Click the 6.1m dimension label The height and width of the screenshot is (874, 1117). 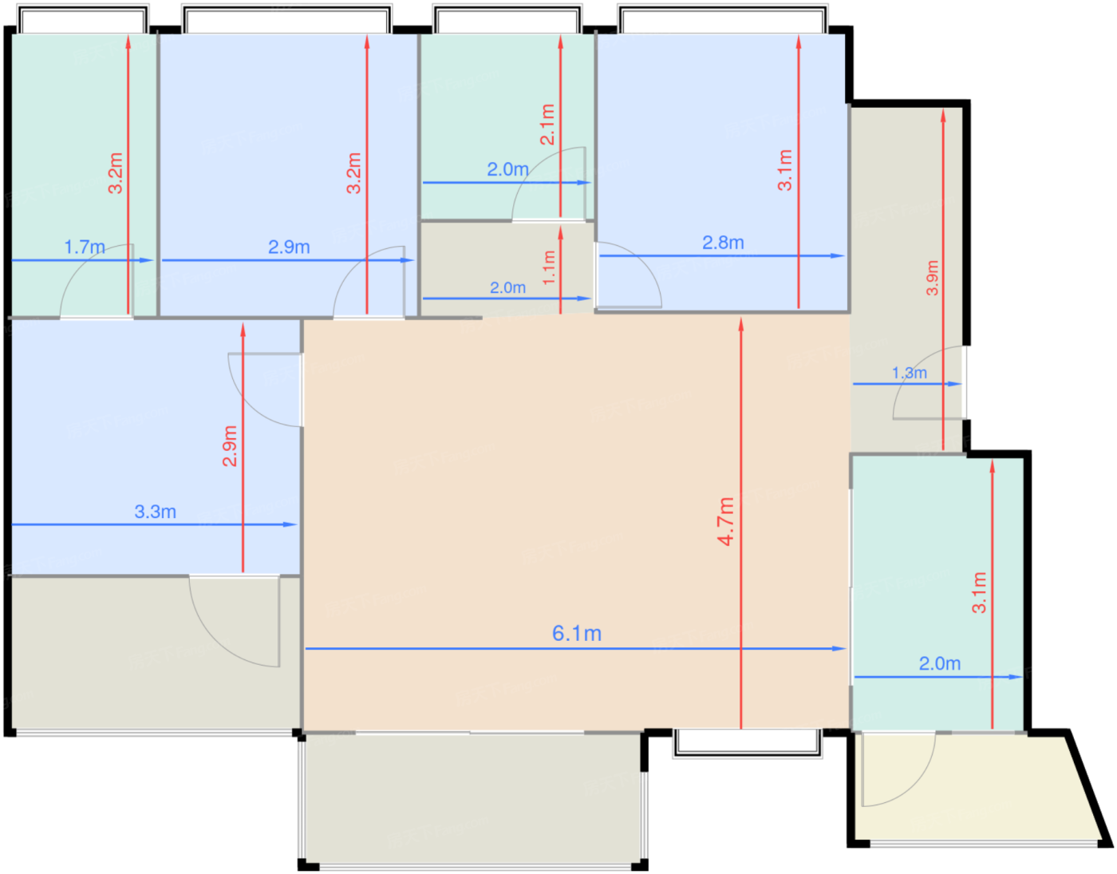click(576, 634)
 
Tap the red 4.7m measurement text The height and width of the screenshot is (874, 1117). click(726, 520)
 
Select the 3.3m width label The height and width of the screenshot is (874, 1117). click(156, 512)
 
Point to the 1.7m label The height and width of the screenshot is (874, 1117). click(85, 247)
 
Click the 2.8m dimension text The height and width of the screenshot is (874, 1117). click(723, 243)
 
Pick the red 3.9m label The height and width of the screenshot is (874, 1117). click(932, 278)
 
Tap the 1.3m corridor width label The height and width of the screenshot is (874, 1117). click(910, 373)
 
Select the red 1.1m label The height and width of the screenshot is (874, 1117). click(549, 267)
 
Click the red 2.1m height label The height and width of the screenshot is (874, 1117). click(547, 125)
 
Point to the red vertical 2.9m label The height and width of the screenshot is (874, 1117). click(229, 445)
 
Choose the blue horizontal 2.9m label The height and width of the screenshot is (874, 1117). click(289, 247)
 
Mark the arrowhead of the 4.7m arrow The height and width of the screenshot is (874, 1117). click(740, 324)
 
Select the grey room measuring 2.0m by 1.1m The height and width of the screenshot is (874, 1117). click(507, 268)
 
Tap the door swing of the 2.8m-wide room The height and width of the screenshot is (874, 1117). click(629, 275)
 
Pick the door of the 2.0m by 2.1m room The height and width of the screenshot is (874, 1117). click(548, 184)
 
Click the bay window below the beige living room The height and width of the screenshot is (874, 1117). click(748, 744)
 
